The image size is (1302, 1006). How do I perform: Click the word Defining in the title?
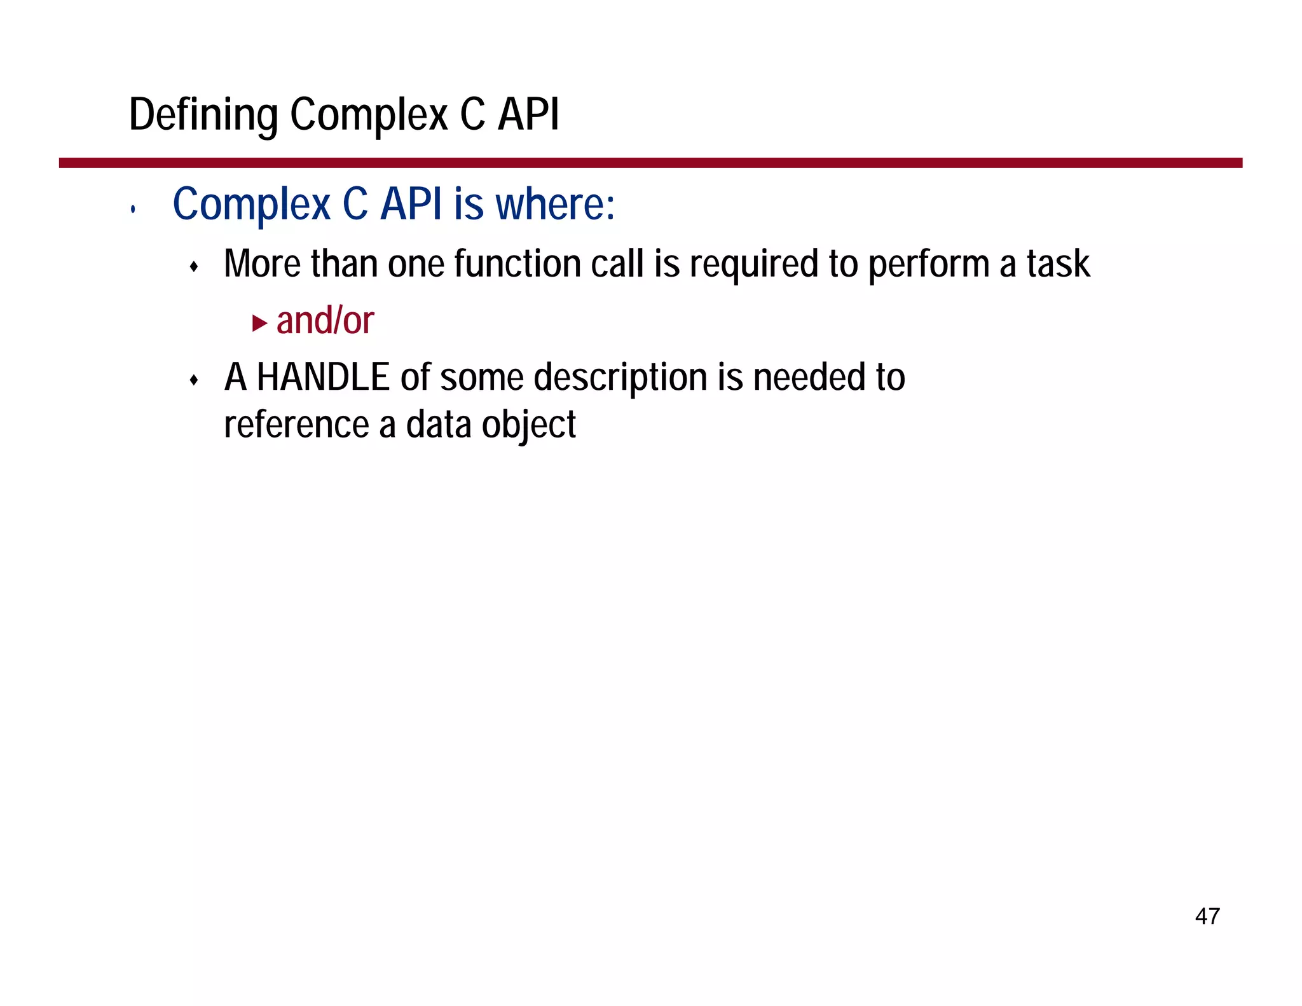pyautogui.click(x=203, y=115)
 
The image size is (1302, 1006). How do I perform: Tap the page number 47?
pyautogui.click(x=1207, y=916)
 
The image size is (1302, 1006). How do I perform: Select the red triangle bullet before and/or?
pyautogui.click(x=259, y=323)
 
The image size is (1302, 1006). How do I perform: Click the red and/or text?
pyautogui.click(x=325, y=320)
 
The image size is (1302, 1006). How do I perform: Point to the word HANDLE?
pyautogui.click(x=323, y=377)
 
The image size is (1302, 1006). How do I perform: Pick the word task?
pyautogui.click(x=1058, y=264)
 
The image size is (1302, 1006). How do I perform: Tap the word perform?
pyautogui.click(x=928, y=264)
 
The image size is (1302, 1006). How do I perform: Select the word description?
pyautogui.click(x=620, y=377)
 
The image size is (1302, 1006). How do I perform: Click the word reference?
pyautogui.click(x=296, y=425)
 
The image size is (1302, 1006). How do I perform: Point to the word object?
pyautogui.click(x=528, y=425)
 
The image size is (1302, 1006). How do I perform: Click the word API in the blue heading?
pyautogui.click(x=411, y=205)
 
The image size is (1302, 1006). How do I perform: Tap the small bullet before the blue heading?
pyautogui.click(x=132, y=209)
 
